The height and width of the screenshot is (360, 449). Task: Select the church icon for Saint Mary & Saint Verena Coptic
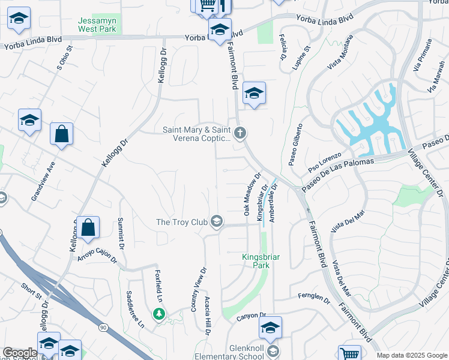240,133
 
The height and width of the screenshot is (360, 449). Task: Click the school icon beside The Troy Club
217,223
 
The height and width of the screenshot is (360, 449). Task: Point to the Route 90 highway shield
103,327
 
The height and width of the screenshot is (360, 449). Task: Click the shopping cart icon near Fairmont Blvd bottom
349,353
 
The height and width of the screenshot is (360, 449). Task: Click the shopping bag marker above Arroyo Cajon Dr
88,227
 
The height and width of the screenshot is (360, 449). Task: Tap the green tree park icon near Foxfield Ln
158,313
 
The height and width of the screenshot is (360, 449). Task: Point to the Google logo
20,353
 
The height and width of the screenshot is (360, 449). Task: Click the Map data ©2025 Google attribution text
412,355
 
